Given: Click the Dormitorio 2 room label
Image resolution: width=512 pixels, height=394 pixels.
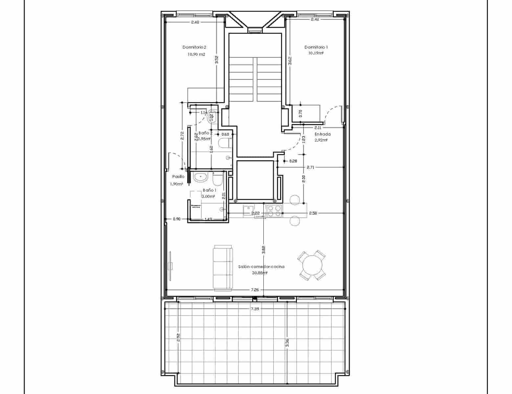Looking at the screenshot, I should point(194,47).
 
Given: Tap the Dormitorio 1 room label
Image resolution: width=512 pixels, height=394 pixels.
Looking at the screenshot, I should point(316,47).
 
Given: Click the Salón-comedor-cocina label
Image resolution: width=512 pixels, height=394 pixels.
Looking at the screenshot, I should point(261,267).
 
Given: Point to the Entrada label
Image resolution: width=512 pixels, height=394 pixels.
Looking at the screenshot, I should point(323,134).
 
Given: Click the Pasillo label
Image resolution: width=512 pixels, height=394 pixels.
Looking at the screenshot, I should point(178,176).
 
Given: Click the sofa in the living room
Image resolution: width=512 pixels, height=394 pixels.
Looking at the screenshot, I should point(223,267).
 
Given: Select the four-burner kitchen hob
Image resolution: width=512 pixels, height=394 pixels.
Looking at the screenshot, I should point(274,211).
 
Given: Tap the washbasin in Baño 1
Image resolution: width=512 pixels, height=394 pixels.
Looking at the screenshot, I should point(200,177).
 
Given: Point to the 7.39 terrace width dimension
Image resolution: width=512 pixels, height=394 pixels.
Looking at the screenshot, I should point(255,309).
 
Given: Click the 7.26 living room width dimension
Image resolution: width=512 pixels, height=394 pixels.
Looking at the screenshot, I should point(255,290).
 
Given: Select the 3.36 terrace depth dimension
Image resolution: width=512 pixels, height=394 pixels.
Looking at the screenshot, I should point(287,343).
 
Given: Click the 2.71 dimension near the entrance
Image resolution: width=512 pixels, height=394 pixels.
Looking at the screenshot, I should point(310,167).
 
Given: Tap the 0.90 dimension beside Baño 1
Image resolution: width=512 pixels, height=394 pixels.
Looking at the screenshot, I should point(177,219).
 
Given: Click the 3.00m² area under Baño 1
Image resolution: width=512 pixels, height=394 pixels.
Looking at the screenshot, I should point(208,196).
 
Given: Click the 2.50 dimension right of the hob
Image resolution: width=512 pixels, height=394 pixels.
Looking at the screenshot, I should point(313,213).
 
